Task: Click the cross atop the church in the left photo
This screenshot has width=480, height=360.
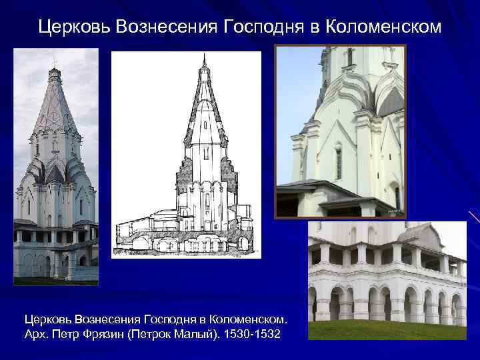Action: [x=55, y=62]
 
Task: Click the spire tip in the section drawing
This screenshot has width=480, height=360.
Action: [x=204, y=59]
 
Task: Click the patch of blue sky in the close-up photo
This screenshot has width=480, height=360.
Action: [x=293, y=87]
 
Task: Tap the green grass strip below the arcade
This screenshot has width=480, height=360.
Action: [x=387, y=330]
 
